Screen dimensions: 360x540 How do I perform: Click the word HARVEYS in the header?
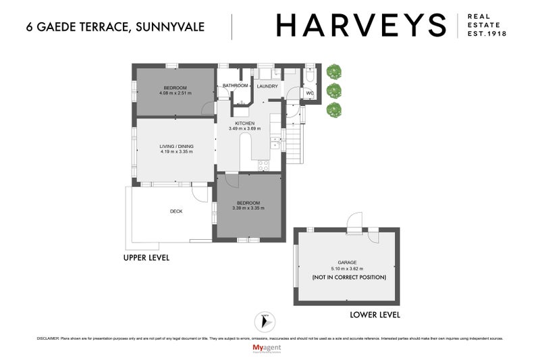click(x=361, y=26)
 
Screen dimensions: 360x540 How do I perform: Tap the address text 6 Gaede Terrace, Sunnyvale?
click(x=114, y=27)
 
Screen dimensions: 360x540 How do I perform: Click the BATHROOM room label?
click(x=236, y=86)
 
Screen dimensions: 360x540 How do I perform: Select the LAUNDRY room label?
click(x=267, y=86)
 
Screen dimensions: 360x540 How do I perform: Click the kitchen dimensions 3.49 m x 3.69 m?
click(x=242, y=129)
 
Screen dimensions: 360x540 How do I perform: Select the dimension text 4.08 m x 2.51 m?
click(x=175, y=93)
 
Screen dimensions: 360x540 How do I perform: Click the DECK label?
click(x=175, y=211)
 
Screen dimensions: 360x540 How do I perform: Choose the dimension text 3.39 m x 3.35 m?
click(x=248, y=208)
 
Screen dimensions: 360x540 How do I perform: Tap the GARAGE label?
click(x=347, y=262)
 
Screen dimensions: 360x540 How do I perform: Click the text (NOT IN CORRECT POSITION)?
click(x=348, y=278)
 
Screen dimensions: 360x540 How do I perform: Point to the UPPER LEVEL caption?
click(x=146, y=258)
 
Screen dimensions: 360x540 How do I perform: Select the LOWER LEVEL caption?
click(x=375, y=315)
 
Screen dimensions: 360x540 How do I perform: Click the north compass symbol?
click(x=263, y=322)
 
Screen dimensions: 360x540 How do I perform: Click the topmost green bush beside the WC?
click(x=332, y=71)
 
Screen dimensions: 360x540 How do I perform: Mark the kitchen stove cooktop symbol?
click(x=262, y=163)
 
